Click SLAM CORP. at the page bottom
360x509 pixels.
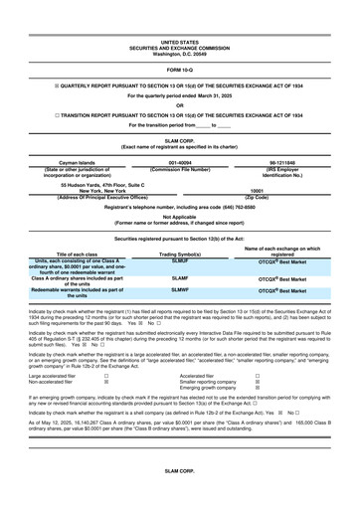click(180, 494)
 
